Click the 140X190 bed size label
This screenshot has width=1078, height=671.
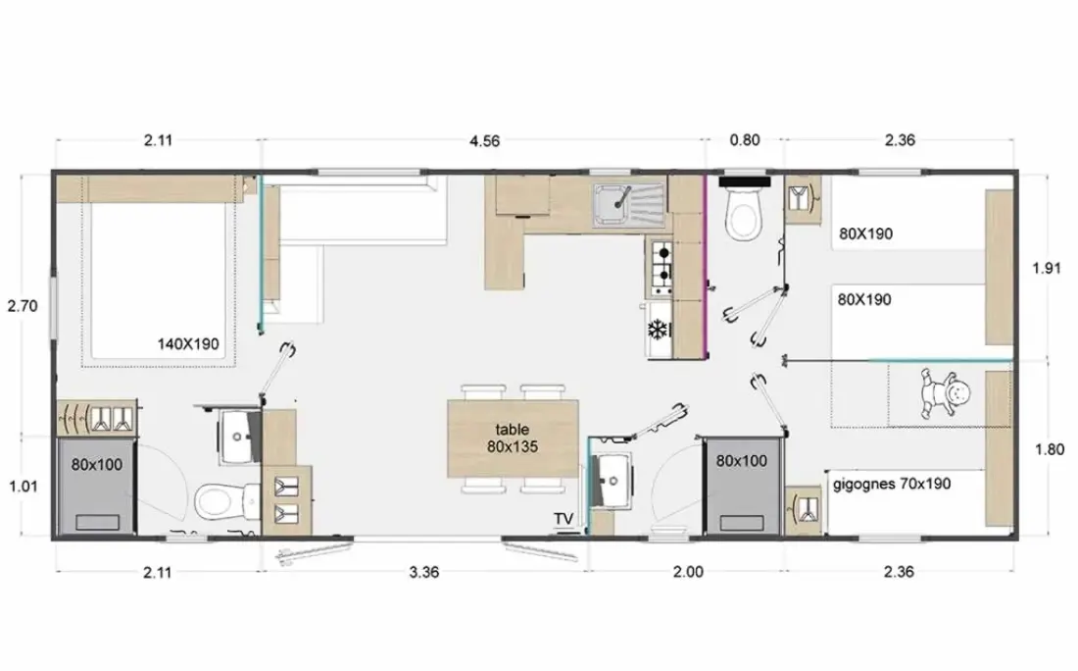[x=188, y=343]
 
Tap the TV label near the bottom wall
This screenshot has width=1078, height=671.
[x=563, y=518]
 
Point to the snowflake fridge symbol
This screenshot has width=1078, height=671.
[x=659, y=330]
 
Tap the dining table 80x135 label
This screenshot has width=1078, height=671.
[x=513, y=439]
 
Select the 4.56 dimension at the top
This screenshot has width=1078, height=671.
[x=485, y=141]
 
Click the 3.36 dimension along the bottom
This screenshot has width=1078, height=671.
[x=424, y=572]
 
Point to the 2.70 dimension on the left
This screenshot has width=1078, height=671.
[x=23, y=306]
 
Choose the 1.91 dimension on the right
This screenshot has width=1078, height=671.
[x=1047, y=269]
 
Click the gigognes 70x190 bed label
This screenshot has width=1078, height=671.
[x=892, y=484]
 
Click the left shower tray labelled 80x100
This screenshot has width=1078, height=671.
[x=96, y=487]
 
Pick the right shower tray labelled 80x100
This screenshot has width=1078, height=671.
[x=743, y=485]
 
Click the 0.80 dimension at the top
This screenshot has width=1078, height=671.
[x=745, y=140]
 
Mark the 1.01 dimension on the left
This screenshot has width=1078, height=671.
[x=24, y=487]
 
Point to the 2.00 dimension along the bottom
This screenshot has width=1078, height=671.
[x=688, y=572]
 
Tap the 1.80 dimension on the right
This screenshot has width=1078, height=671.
[x=1050, y=450]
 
